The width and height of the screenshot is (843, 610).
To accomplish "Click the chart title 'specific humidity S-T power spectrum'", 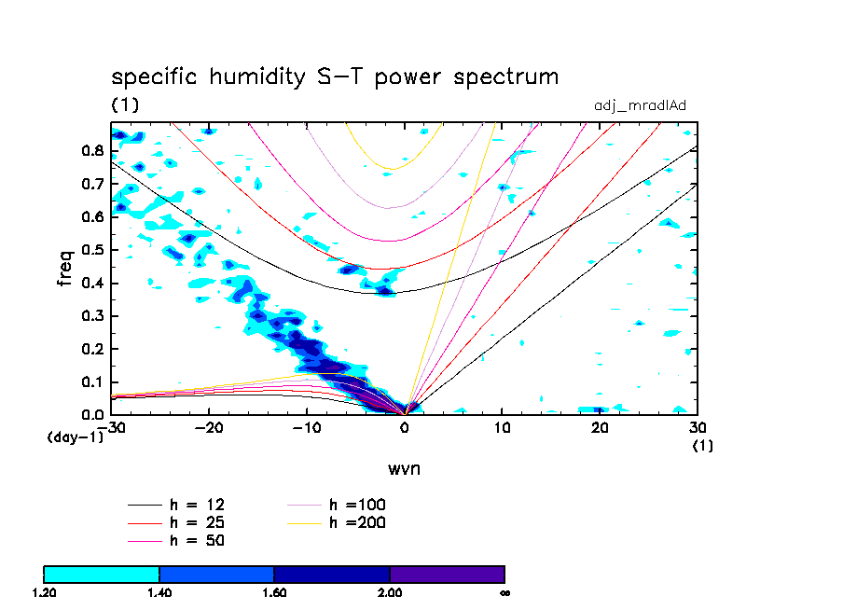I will [x=335, y=76].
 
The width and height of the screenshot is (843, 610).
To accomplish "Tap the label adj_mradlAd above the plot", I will [x=640, y=105].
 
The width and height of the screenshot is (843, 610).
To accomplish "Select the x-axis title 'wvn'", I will [x=404, y=468].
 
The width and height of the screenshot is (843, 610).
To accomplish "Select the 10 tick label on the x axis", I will [x=502, y=428].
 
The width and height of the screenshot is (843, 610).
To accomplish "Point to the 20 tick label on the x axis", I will [x=600, y=428].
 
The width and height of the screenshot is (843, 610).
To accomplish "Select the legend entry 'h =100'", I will [x=357, y=505].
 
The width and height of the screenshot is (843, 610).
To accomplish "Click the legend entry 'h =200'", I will [x=357, y=522].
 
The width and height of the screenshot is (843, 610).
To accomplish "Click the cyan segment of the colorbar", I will [x=102, y=574].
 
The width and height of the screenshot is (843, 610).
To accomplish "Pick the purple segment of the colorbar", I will [x=447, y=574].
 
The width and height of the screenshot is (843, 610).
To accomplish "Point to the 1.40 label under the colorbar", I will [x=159, y=592].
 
